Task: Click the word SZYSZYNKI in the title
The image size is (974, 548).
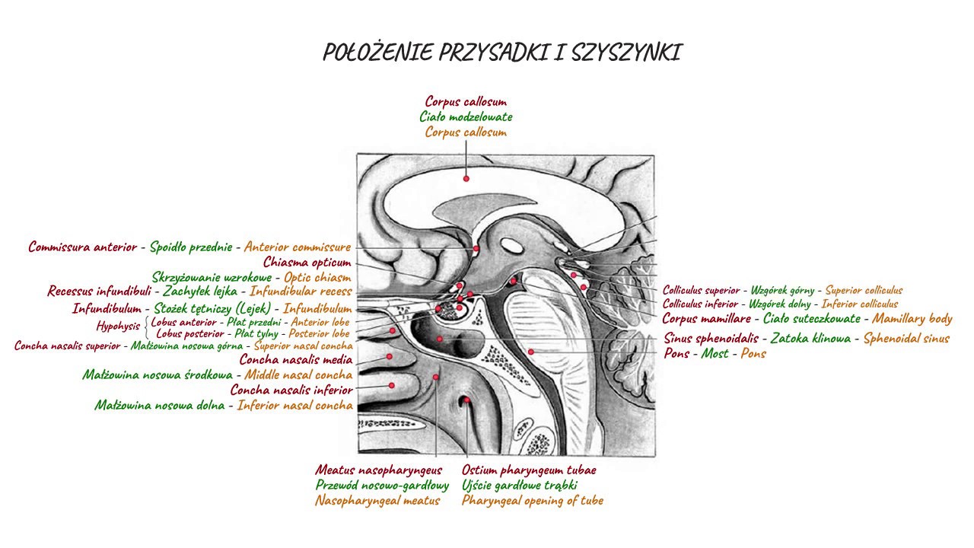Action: [x=627, y=53]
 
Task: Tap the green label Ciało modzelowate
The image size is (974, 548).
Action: [x=466, y=116]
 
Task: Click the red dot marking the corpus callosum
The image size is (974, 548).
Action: [x=466, y=179]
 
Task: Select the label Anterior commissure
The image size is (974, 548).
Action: [x=298, y=247]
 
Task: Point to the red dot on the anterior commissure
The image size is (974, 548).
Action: [x=476, y=249]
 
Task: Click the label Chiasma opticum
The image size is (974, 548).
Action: [x=307, y=263]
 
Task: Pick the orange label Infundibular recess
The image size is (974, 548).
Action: [x=301, y=291]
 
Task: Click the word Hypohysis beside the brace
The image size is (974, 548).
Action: [x=118, y=327]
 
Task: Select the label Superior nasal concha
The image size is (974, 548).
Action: [x=304, y=346]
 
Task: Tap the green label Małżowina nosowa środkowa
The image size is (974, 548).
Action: [x=158, y=374]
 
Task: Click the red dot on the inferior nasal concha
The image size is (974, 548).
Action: [x=392, y=385]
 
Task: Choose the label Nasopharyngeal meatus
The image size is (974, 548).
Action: [x=377, y=501]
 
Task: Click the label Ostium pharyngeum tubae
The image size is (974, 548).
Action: [x=529, y=470]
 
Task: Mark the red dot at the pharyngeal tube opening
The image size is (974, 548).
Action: [x=466, y=400]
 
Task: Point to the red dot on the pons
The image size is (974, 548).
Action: [x=531, y=352]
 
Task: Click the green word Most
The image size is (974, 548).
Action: [x=715, y=353]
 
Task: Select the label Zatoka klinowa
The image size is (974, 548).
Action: [x=810, y=338]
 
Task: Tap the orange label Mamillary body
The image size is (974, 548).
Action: [x=912, y=319]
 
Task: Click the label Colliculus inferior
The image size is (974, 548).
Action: [x=700, y=304]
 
